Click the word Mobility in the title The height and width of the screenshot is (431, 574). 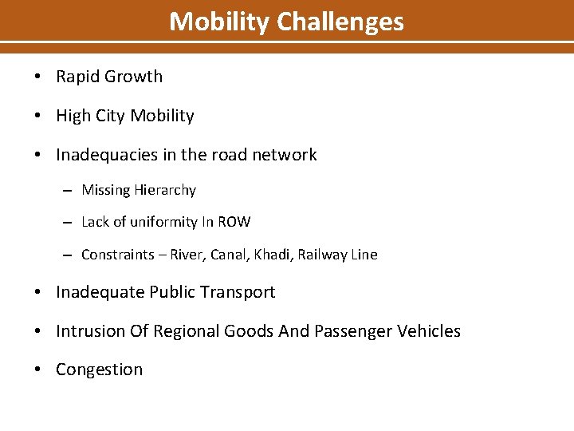(220, 22)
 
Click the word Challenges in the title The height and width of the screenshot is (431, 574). (340, 22)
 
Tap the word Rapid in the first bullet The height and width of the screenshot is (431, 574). (77, 77)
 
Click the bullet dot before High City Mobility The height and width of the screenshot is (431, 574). (38, 117)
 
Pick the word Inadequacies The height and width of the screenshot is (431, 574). (104, 155)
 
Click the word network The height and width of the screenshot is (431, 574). (285, 155)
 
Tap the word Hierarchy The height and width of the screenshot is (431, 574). (164, 191)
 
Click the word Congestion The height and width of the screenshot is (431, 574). (100, 370)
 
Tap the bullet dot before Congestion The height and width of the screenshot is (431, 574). (38, 370)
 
